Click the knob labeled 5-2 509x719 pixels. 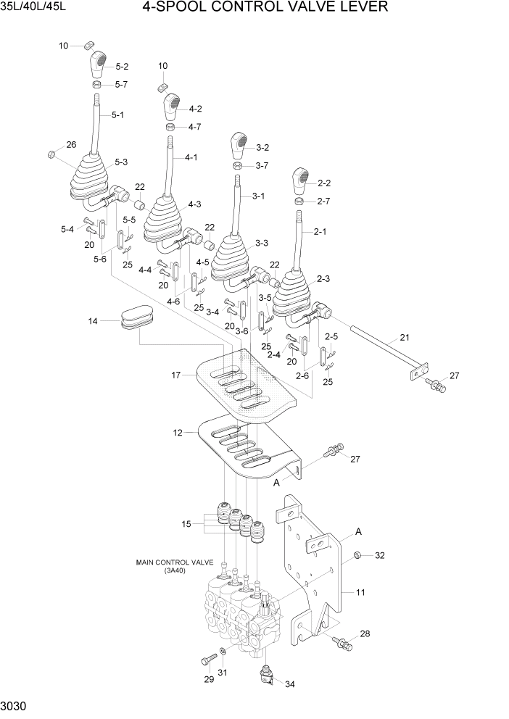point(98,65)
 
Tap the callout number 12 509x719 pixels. point(177,433)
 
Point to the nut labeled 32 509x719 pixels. point(358,556)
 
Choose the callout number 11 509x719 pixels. point(360,593)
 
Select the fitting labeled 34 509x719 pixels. point(267,677)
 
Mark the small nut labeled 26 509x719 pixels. point(52,154)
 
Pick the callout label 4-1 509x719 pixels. point(191,157)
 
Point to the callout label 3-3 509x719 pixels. point(262,243)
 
